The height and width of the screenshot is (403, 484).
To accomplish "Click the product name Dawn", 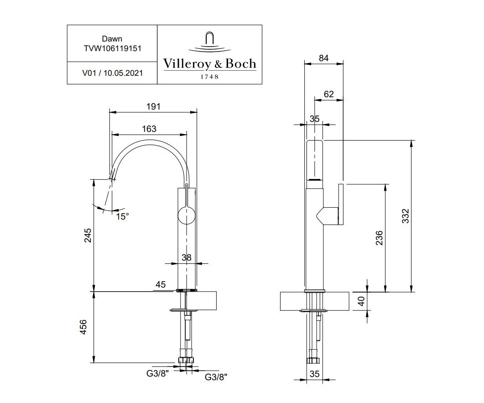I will (112, 39).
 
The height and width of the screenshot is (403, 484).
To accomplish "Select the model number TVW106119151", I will (112, 48).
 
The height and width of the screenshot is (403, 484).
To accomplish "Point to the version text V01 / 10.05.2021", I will (112, 73).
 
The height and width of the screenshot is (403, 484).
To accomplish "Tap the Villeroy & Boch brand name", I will (209, 63).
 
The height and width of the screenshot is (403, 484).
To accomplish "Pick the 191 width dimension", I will (153, 106).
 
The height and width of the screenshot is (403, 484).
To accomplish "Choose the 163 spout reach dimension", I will (149, 129).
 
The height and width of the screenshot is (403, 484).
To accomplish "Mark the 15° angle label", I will (122, 216).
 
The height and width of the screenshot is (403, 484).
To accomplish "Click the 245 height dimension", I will (88, 235).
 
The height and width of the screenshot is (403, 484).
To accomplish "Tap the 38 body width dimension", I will (186, 257).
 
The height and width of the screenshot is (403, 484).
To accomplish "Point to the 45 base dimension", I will (161, 285).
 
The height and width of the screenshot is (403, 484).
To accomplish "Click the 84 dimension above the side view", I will (323, 58).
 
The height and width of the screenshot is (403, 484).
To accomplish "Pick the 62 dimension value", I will (328, 94).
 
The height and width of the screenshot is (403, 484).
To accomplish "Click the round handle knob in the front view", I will (186, 215).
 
